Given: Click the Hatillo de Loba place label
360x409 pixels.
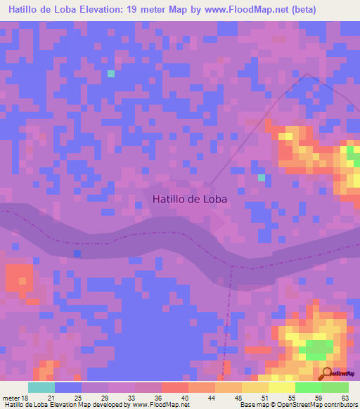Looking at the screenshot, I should pyautogui.click(x=190, y=199).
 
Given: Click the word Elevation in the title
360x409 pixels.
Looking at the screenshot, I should pyautogui.click(x=112, y=10).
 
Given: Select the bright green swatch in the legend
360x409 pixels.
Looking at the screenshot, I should pyautogui.click(x=309, y=387).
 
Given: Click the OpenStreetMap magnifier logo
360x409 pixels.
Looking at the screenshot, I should pyautogui.click(x=328, y=372).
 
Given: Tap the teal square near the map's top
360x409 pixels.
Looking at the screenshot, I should pyautogui.click(x=110, y=73).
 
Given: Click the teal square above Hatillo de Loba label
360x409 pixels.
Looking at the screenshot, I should pyautogui.click(x=262, y=177).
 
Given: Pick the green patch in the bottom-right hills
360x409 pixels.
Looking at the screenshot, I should pyautogui.click(x=318, y=348).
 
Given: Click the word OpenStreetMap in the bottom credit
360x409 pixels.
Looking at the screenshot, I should pyautogui.click(x=295, y=405).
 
